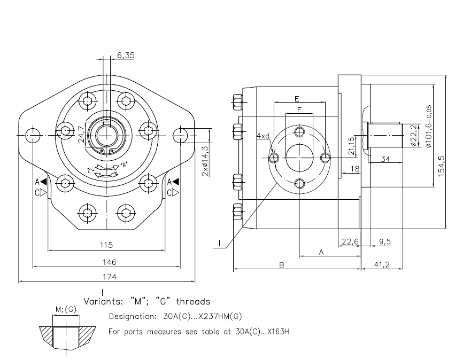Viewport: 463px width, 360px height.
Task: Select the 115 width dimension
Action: click(x=106, y=245)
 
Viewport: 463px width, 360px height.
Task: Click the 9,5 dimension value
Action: click(x=384, y=241)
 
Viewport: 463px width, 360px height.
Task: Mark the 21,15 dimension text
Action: click(x=351, y=145)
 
